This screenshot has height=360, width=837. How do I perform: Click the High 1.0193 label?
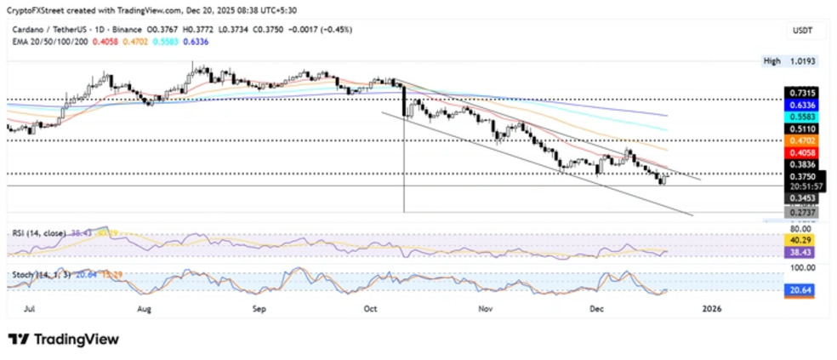click(783, 61)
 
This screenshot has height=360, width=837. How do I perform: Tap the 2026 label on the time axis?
click(711, 311)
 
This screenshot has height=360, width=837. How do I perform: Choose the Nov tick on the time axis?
click(486, 311)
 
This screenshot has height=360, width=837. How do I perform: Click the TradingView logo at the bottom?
click(65, 339)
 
